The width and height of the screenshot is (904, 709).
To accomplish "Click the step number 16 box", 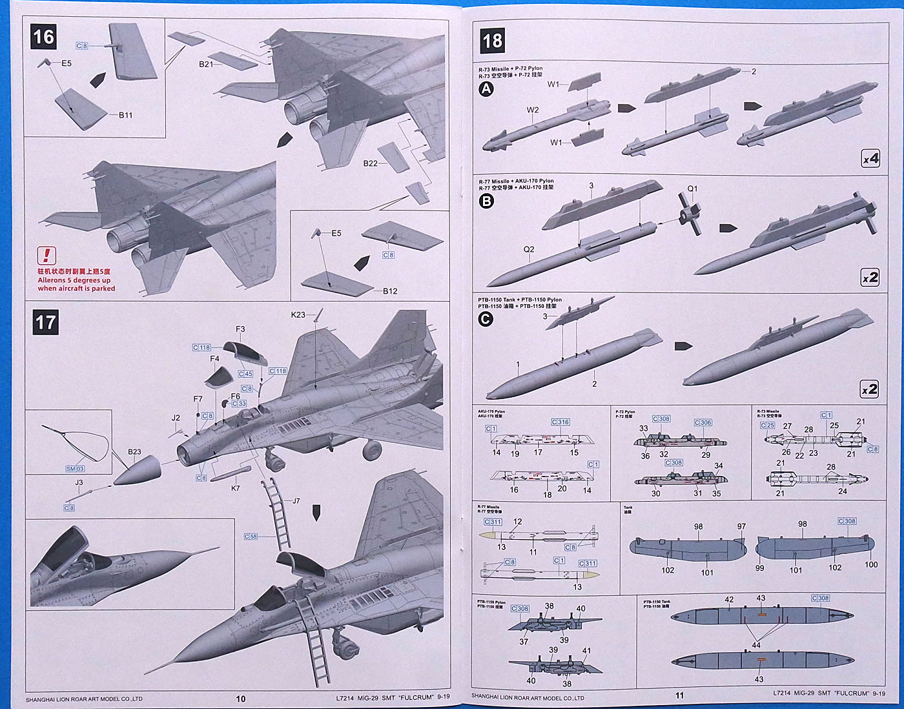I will [x=43, y=37].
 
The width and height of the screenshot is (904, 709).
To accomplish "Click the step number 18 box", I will [x=492, y=41].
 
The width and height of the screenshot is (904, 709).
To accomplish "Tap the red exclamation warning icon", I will [x=46, y=256].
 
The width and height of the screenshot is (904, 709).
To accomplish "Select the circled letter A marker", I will [x=486, y=89].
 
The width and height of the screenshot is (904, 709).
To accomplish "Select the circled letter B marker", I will [x=486, y=201].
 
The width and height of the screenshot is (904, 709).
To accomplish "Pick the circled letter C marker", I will [x=486, y=319].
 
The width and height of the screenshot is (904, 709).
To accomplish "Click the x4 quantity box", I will [x=870, y=158].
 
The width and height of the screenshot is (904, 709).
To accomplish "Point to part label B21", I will [x=206, y=65].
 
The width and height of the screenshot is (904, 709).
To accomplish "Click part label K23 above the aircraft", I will [x=298, y=315].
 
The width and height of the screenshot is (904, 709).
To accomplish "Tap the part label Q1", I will [x=692, y=189].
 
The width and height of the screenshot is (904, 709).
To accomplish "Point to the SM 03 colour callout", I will [x=75, y=468].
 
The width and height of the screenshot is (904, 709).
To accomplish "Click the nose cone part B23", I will [x=136, y=471].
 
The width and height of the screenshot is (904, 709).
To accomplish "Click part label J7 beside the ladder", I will [x=296, y=501].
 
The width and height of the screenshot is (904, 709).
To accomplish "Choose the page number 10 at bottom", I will [x=241, y=698].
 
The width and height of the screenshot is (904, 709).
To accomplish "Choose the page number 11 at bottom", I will [x=679, y=695].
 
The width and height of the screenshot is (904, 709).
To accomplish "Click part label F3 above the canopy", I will [x=240, y=329].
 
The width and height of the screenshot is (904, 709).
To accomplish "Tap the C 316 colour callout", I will [x=560, y=422].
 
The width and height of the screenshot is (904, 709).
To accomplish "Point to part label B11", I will [x=126, y=115].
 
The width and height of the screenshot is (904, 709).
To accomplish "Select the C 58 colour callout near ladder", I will [x=251, y=537].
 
